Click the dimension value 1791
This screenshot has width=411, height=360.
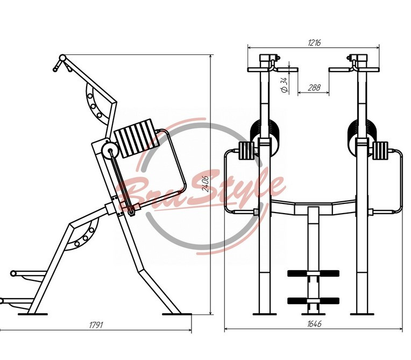point(96,325)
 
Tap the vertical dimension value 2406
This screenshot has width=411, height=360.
point(205,184)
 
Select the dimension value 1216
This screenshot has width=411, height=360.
point(314,43)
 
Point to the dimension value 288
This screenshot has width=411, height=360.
point(314,87)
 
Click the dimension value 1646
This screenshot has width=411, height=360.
point(314,324)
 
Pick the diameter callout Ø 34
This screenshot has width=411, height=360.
point(284,84)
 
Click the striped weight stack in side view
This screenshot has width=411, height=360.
point(137,138)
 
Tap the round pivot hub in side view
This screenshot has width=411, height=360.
point(110,151)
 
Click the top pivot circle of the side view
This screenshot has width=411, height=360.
point(62,58)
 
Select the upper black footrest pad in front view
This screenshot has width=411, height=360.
point(313,273)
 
